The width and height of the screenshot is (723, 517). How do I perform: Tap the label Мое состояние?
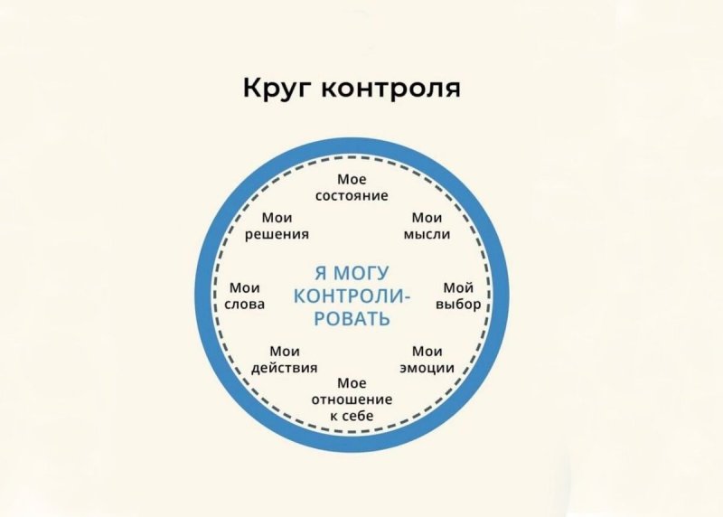[352, 187]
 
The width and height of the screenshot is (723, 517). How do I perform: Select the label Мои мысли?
[427, 226]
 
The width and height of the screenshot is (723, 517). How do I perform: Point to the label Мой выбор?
[458, 296]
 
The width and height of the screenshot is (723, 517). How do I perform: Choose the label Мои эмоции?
[427, 360]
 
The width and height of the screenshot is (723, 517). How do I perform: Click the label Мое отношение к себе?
[352, 399]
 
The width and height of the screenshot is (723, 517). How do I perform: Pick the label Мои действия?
[285, 360]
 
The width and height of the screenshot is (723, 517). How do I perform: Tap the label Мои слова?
[245, 296]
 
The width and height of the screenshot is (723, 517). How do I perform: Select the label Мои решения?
[277, 226]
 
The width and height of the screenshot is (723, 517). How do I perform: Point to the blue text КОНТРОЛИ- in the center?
[352, 296]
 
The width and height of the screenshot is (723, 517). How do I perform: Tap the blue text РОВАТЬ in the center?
[352, 319]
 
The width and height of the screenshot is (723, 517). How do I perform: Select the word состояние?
[352, 195]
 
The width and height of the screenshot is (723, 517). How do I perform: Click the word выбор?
[458, 305]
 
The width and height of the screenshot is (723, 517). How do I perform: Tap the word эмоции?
[427, 368]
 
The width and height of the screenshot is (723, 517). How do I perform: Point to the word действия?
[285, 368]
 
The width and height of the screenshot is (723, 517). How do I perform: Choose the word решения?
[277, 234]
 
